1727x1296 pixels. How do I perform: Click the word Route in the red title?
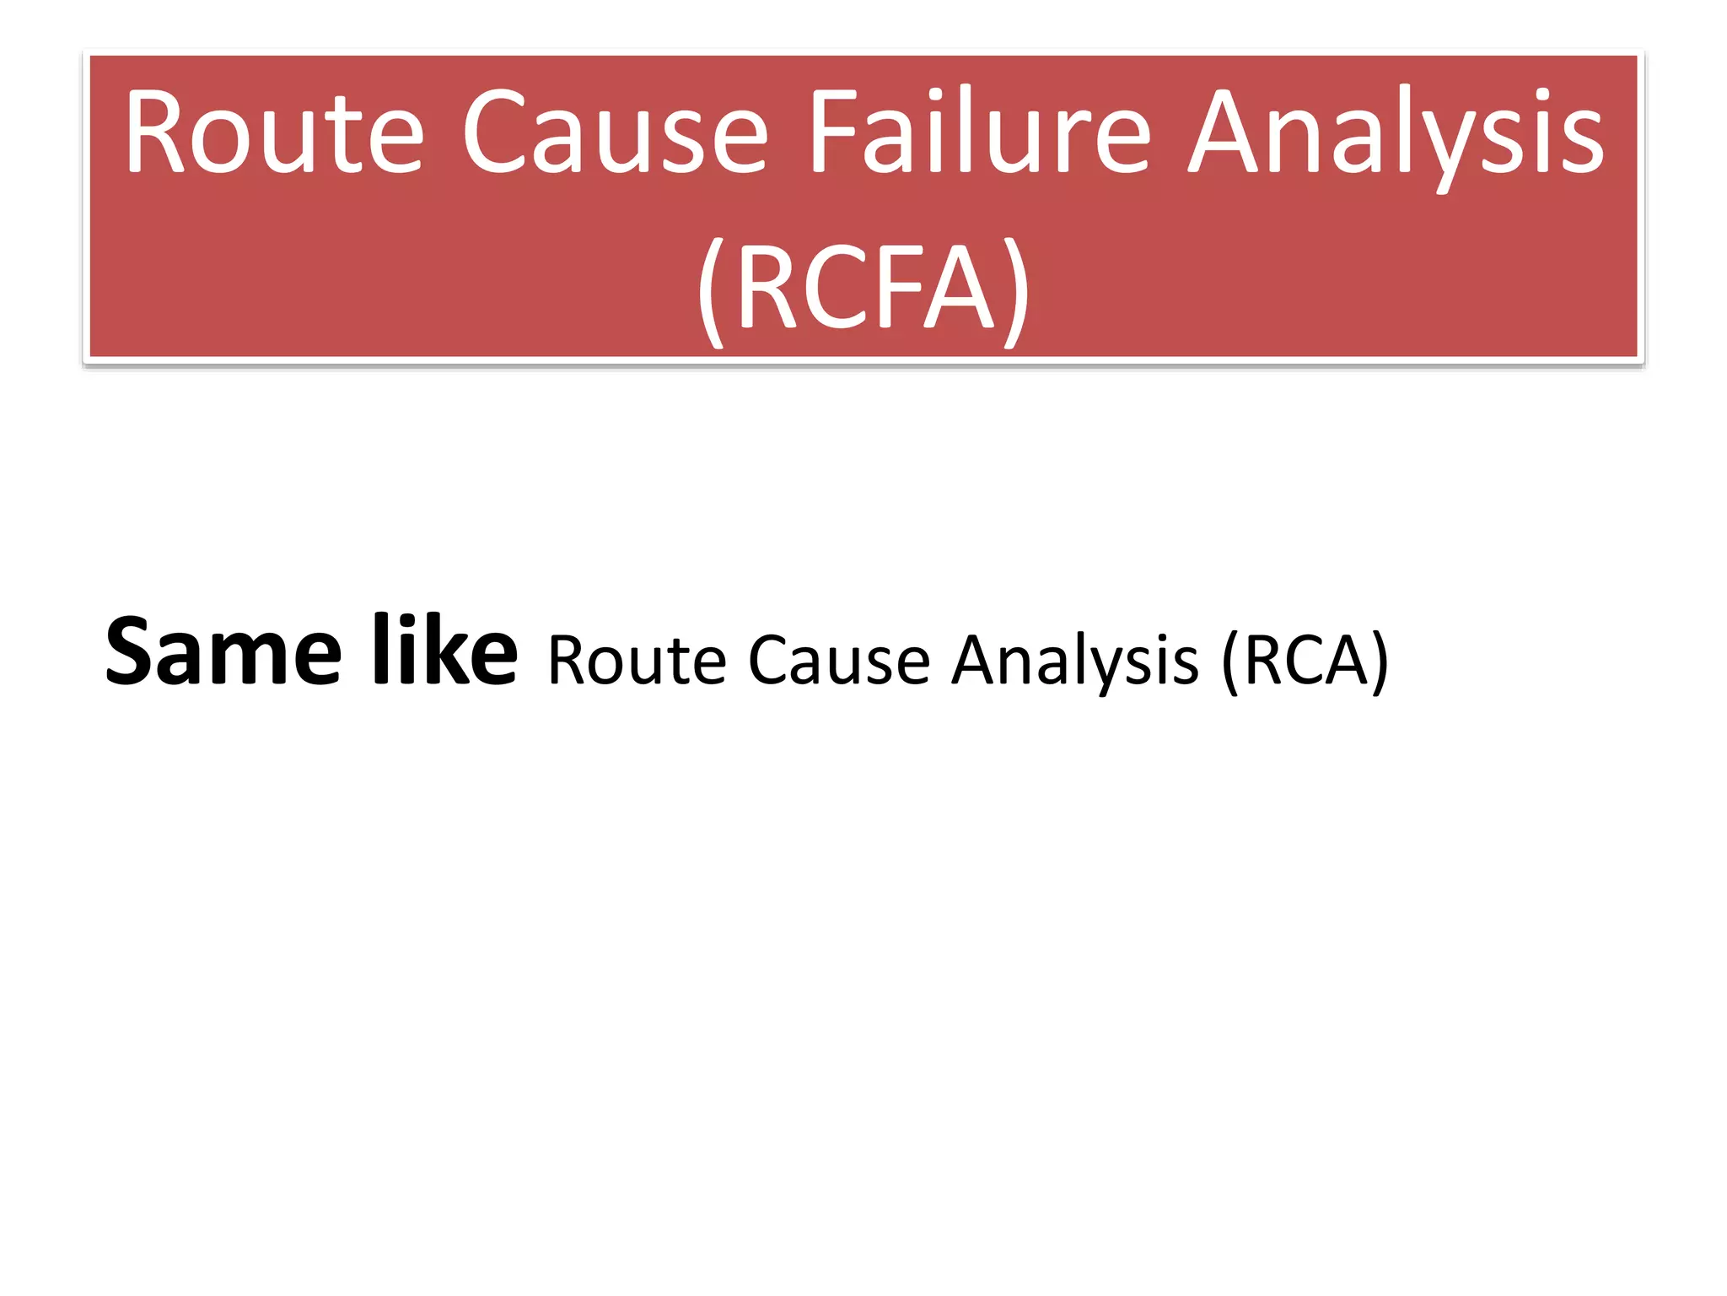(x=274, y=133)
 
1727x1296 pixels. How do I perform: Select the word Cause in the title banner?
(x=615, y=133)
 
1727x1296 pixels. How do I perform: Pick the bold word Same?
(x=223, y=652)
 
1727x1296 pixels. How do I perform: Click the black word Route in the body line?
(x=637, y=661)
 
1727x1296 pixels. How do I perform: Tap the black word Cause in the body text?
(x=839, y=661)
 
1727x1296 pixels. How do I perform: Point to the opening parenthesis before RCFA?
(x=712, y=291)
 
